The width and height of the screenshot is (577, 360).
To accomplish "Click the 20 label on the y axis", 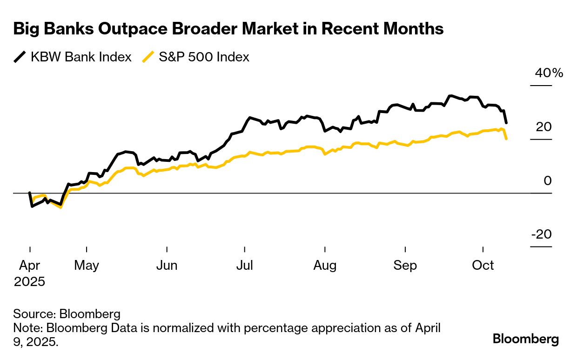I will [x=543, y=127].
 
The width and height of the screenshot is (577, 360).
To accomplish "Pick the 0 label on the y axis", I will [x=547, y=180].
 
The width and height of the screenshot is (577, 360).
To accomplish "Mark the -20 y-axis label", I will [x=542, y=234].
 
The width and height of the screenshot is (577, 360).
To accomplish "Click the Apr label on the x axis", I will [x=30, y=266].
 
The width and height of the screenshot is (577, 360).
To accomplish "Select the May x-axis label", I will [x=87, y=266].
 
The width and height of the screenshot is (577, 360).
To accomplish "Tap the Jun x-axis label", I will [x=167, y=266].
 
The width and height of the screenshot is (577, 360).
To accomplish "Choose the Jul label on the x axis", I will [x=245, y=266].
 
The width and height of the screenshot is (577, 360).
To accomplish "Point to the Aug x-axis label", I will [x=325, y=266].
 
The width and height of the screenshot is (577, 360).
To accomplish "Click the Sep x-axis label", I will [x=405, y=266].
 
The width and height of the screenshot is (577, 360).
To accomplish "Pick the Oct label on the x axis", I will [x=483, y=266].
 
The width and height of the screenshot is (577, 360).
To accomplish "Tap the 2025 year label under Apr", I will [x=29, y=281].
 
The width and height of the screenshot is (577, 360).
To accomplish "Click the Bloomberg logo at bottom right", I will [x=526, y=339].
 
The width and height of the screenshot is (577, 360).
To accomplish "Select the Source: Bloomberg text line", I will [x=67, y=313].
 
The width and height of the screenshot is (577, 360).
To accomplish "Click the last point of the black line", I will [x=506, y=123].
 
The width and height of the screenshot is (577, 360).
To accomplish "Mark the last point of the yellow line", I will [x=506, y=139].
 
